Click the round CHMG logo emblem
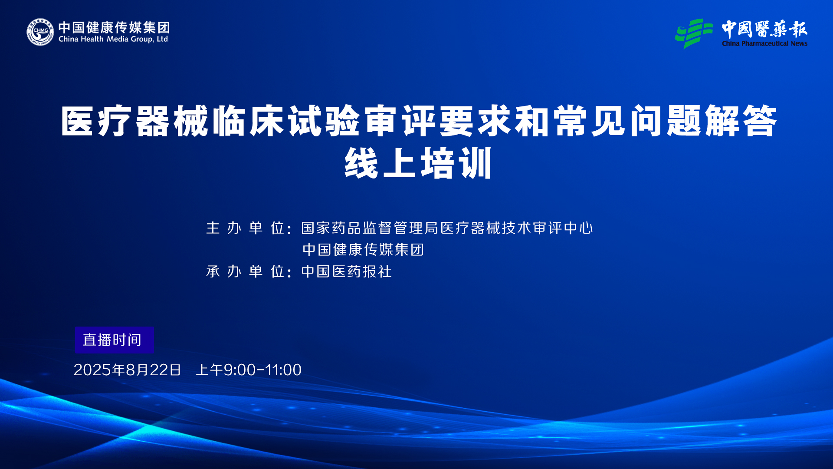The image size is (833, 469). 40,32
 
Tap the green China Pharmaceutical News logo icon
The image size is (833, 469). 693,33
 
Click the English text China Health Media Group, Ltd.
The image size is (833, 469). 114,39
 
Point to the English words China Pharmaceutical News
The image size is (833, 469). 764,43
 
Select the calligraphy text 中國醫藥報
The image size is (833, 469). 764,29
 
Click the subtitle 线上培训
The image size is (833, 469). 418,163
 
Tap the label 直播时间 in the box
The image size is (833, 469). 112,340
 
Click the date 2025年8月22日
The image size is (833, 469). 127,370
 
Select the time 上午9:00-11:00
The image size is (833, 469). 249,370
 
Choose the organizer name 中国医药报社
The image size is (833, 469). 347,271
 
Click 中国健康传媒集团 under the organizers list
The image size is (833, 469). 363,250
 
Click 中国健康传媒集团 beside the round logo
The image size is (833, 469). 114,27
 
